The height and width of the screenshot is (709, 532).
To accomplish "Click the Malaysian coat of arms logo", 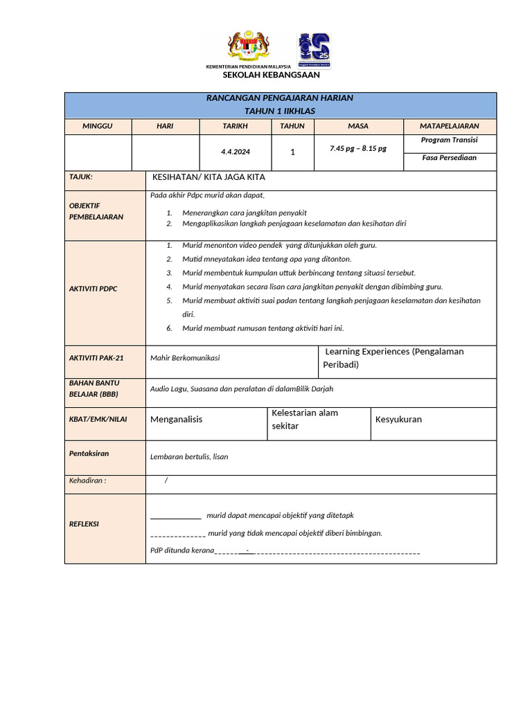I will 249,47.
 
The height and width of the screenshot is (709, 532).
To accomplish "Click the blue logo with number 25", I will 314,49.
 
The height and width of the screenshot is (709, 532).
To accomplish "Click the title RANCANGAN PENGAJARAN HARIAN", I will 280,98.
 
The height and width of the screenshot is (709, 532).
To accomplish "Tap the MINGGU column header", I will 98,126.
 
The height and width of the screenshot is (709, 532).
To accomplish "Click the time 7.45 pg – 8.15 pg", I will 358,149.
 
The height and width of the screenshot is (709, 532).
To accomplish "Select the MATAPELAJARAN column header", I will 449,126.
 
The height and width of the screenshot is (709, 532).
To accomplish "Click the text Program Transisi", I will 449,140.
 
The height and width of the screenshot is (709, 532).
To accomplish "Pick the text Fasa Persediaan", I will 449,158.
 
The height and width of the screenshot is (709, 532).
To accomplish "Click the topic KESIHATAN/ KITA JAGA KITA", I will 209,177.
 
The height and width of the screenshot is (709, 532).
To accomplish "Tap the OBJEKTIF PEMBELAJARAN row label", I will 96,211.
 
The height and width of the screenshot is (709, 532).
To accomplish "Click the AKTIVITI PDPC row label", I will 94,289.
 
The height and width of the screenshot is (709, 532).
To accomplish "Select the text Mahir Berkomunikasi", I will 185,358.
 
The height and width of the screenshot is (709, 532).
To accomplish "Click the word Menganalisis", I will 177,420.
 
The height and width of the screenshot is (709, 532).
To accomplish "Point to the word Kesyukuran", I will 398,420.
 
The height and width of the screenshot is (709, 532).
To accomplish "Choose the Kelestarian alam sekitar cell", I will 305,420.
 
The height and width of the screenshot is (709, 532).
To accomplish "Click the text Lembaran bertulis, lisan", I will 189,457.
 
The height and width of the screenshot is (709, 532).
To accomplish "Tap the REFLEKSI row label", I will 84,524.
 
